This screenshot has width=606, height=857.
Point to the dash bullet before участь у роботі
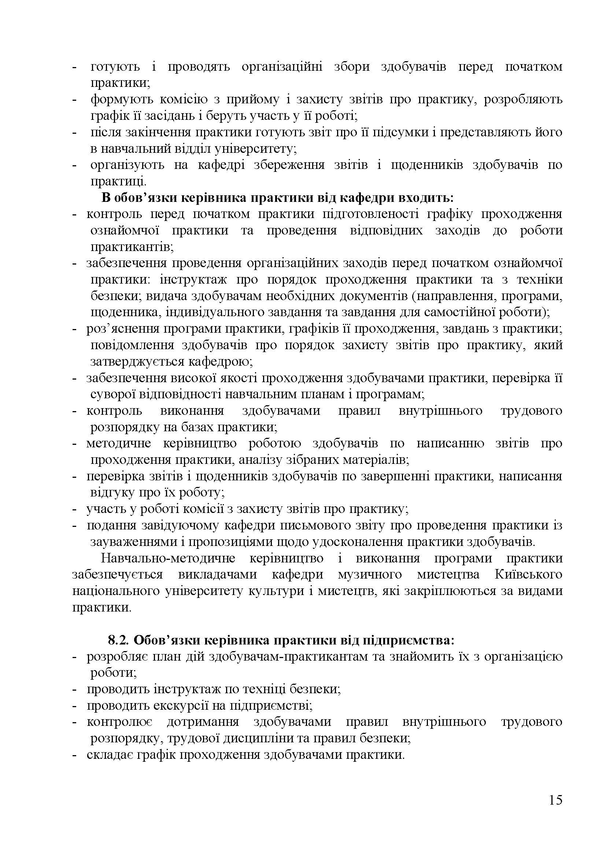point(74,509)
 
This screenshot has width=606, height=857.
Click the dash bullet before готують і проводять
point(74,67)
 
